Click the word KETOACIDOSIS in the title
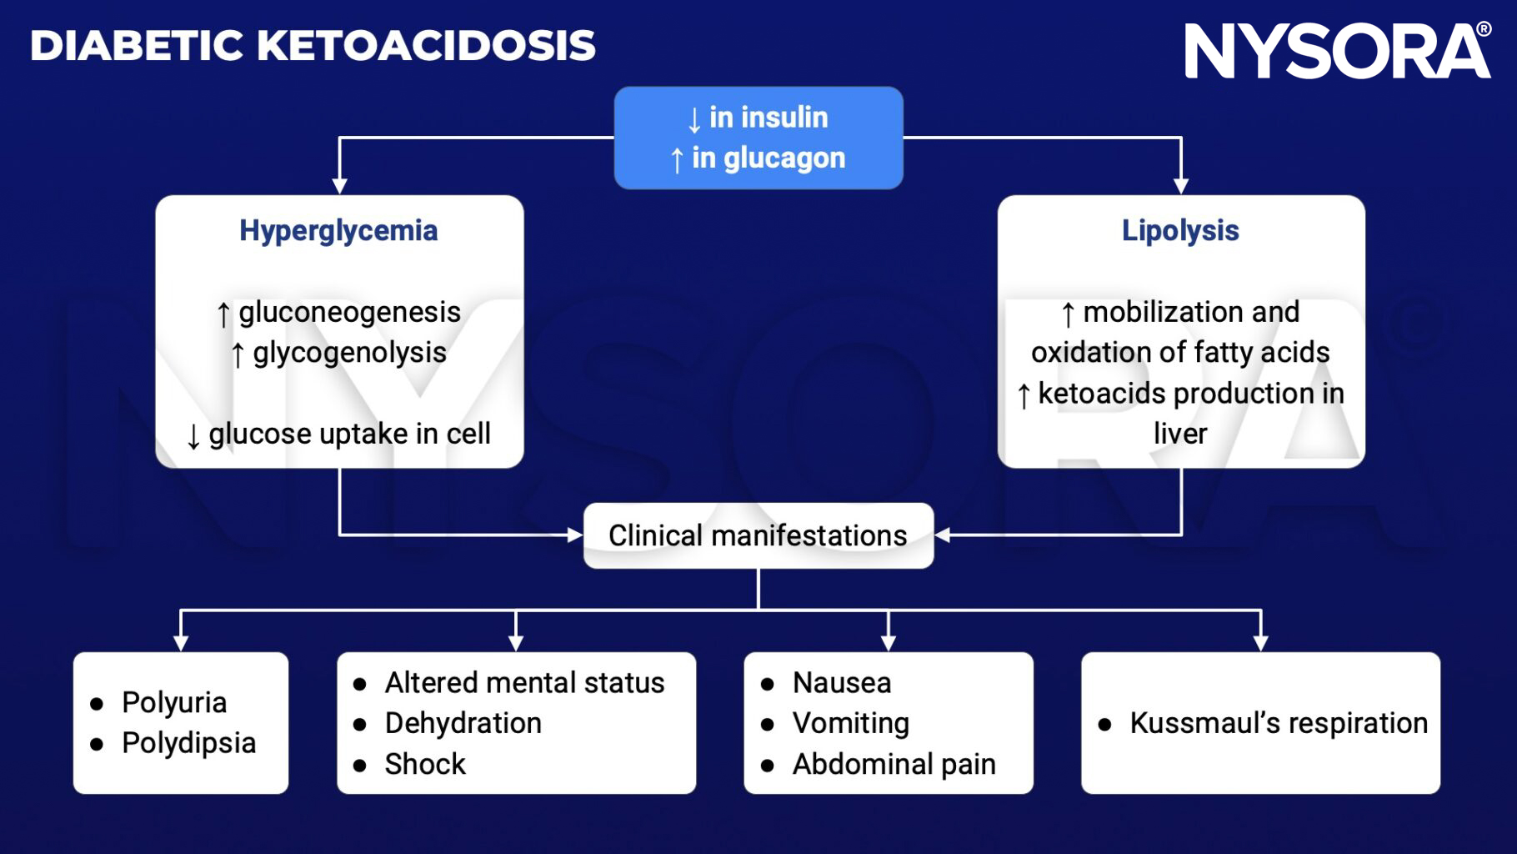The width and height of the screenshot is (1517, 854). point(426,46)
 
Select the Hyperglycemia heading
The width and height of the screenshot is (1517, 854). point(338,231)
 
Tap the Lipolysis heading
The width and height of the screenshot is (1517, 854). point(1180,231)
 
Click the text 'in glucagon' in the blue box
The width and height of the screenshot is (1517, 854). point(768,158)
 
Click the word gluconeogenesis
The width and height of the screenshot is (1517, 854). point(349,312)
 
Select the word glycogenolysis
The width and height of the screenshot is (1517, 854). point(349,353)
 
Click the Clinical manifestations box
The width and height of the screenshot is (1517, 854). point(758,535)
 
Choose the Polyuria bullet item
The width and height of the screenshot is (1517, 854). point(173,702)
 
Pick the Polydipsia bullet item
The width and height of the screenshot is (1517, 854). point(188,743)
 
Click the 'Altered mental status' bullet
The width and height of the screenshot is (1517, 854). point(524,683)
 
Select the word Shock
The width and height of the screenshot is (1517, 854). point(425,764)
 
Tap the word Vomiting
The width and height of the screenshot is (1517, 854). point(850,723)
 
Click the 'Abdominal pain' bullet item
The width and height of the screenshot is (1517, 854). point(894,764)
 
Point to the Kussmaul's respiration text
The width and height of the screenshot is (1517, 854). point(1278,723)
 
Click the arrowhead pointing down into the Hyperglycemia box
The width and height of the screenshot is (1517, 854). point(339,185)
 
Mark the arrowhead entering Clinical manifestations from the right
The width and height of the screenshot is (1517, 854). point(943,535)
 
